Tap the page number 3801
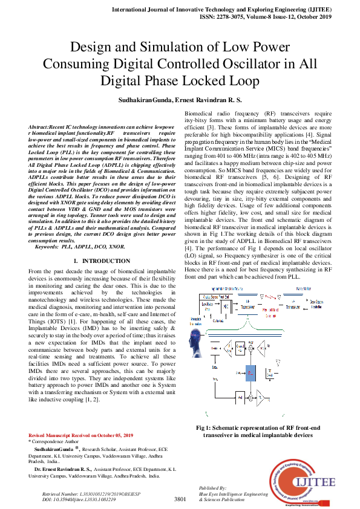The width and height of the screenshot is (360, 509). point(180,499)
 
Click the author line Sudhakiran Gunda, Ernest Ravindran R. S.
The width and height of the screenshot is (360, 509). point(180,99)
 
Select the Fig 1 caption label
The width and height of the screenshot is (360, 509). point(209,428)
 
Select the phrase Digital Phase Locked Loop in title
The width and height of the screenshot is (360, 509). point(180,80)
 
